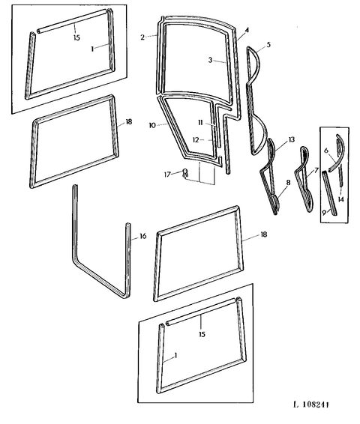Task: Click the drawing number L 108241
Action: (x=311, y=405)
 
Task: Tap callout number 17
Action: (x=167, y=175)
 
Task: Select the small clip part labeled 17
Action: (x=185, y=173)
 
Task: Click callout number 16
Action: (x=143, y=236)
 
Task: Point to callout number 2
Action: (x=142, y=37)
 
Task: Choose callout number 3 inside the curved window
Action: (x=210, y=60)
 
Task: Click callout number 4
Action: (x=247, y=30)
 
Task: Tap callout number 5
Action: (x=268, y=44)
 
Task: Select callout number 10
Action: (x=152, y=125)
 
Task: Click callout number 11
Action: (x=200, y=123)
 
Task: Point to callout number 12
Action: (x=196, y=140)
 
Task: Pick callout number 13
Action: (x=291, y=139)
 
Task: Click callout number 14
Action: (x=340, y=199)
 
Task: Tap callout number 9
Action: (x=324, y=213)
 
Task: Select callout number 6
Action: (x=326, y=151)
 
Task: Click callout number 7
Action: (x=316, y=171)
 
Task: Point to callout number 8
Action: (x=288, y=183)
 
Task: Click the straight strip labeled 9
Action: (x=329, y=193)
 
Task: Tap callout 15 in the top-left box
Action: (x=76, y=37)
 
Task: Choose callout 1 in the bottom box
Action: (x=175, y=355)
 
